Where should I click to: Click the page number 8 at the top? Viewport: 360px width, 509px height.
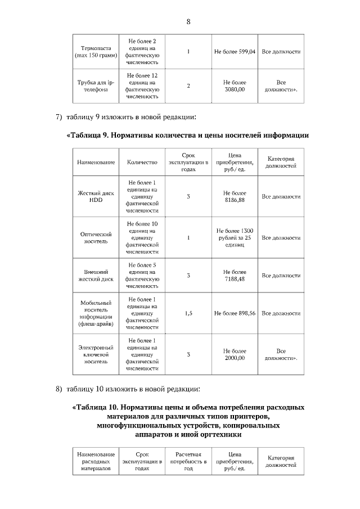coord(188,22)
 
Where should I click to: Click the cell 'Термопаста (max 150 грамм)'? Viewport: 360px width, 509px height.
coord(94,52)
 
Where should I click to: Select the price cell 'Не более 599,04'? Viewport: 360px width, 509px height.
coord(235,52)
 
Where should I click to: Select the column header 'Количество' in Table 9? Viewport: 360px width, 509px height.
coord(142,163)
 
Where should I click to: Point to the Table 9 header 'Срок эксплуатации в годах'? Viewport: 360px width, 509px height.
coord(188,162)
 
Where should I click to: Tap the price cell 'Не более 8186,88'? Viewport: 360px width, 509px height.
coord(235,197)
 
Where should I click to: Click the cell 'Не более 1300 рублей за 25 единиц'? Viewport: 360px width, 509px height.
coord(235,237)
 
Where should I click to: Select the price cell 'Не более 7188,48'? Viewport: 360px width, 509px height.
coord(235,275)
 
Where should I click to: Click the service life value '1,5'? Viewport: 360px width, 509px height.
coord(188,313)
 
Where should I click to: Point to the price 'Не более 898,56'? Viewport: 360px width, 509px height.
coord(235,313)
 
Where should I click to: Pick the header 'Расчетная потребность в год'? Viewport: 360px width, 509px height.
coord(188,461)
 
